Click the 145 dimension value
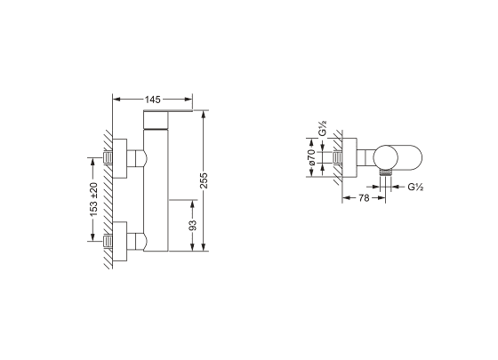(x=153, y=100)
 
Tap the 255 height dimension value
(x=204, y=180)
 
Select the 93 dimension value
(x=192, y=225)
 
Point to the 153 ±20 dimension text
(x=93, y=199)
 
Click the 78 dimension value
(x=364, y=198)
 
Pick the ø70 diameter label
(x=311, y=157)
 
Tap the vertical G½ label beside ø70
(x=323, y=128)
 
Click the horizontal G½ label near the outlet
(x=415, y=187)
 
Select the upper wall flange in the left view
(x=120, y=158)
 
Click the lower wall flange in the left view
(x=120, y=241)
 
